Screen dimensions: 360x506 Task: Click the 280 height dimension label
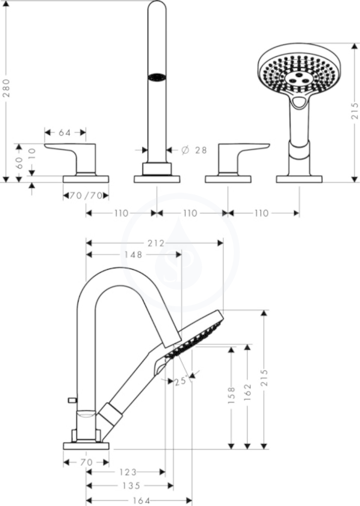tap(7, 88)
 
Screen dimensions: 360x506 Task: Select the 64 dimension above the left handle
tap(65, 132)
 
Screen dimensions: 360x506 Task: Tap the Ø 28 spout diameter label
tap(194, 150)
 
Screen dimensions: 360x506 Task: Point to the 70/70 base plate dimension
tap(86, 196)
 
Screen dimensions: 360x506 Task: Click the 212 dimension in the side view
tap(156, 243)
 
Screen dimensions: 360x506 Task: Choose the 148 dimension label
tap(133, 254)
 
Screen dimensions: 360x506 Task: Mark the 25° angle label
tap(181, 381)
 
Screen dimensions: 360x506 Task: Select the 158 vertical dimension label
tap(231, 395)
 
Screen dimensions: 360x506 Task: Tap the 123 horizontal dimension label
tap(128, 472)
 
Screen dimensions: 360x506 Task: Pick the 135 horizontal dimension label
tap(132, 485)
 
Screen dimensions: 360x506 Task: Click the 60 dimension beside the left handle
tap(19, 163)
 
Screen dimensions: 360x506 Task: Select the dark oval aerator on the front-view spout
tap(157, 78)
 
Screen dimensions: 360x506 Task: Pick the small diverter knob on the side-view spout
tap(72, 400)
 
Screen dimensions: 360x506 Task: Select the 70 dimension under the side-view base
tap(86, 463)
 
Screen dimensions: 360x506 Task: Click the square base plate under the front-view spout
tap(157, 179)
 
